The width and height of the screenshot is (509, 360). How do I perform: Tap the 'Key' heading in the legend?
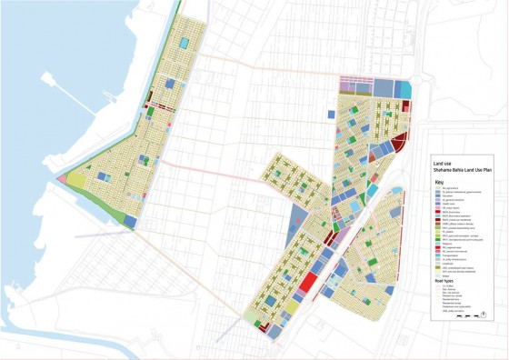click(x=439, y=180)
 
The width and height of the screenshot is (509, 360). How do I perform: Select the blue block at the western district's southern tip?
click(x=131, y=221)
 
